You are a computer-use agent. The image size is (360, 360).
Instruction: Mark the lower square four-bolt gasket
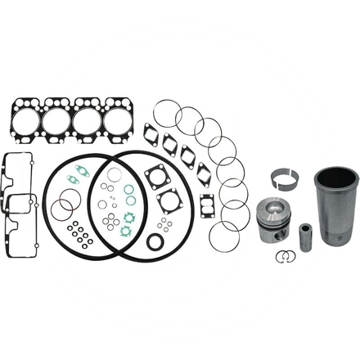[171, 200]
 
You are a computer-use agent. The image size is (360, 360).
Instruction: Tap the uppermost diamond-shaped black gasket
[152, 132]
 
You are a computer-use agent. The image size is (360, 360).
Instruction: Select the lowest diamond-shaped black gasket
[204, 174]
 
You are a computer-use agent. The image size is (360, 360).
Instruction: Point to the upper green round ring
[129, 190]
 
